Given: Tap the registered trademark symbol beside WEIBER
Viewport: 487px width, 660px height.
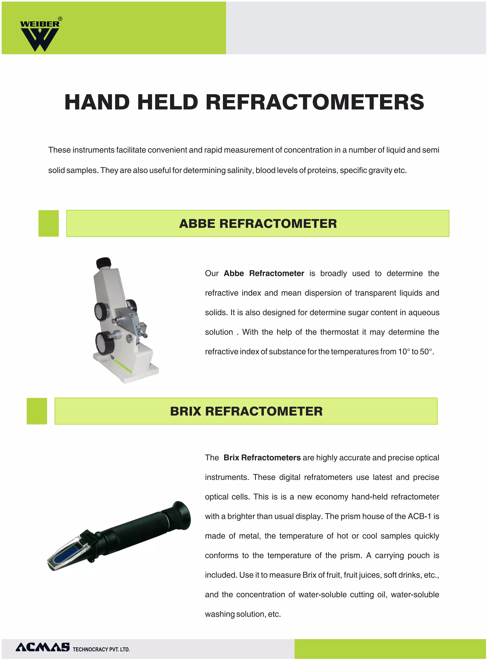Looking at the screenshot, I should pos(60,19).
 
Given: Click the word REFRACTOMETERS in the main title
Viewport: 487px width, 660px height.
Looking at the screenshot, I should pos(315,102).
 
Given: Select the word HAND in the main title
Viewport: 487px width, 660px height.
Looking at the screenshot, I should pos(97,102).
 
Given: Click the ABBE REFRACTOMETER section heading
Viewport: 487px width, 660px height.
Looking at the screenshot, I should pos(258,224).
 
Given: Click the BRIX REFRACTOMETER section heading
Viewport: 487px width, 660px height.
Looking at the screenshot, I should pos(246,412).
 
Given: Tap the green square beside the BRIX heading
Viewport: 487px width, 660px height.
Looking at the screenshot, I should pos(37,411).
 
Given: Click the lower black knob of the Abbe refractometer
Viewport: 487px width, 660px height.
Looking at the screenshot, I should pos(105,343).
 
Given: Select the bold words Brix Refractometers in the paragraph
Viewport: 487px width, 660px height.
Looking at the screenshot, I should pos(262,458).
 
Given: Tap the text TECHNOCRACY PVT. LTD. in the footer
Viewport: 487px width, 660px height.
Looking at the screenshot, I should pos(101,649).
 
